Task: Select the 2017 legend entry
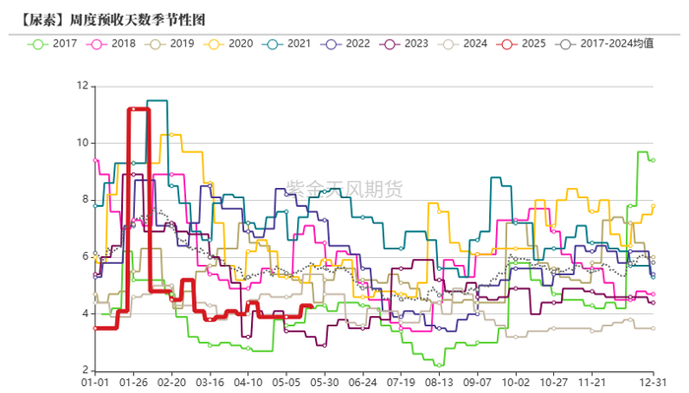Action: click(55, 43)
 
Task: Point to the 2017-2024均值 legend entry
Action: click(601, 43)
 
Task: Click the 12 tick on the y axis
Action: click(82, 86)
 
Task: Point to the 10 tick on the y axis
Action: click(82, 143)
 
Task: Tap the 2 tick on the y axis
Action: click(85, 370)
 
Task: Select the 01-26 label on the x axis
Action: click(134, 382)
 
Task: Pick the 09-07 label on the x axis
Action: click(477, 382)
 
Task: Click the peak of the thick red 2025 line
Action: click(138, 109)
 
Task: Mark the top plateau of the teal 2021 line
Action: click(157, 100)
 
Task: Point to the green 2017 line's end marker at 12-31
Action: click(653, 161)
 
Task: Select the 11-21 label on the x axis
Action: click(592, 382)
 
